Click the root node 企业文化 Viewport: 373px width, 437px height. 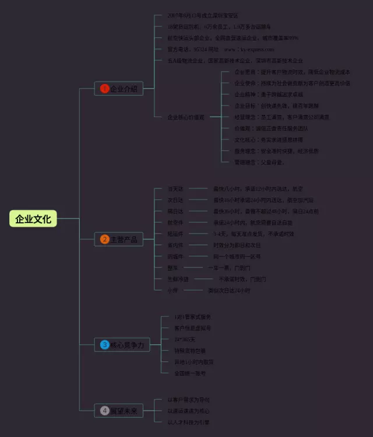(33, 219)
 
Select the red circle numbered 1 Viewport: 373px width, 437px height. (104, 89)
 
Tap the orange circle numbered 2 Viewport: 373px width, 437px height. (104, 239)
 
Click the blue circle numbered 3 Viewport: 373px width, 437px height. (104, 345)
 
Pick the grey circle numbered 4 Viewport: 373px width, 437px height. (104, 411)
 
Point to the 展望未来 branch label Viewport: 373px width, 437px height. (124, 411)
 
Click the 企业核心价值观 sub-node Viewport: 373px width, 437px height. (186, 117)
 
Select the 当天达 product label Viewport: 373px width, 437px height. (175, 188)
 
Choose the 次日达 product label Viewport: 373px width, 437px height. (175, 200)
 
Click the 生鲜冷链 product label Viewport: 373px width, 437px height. (178, 279)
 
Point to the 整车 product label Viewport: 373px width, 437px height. (173, 267)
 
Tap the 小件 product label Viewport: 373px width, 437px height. (173, 290)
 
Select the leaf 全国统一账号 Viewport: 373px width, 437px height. (190, 373)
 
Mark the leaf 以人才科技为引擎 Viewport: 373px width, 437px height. (188, 422)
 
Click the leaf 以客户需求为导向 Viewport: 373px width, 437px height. (188, 400)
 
